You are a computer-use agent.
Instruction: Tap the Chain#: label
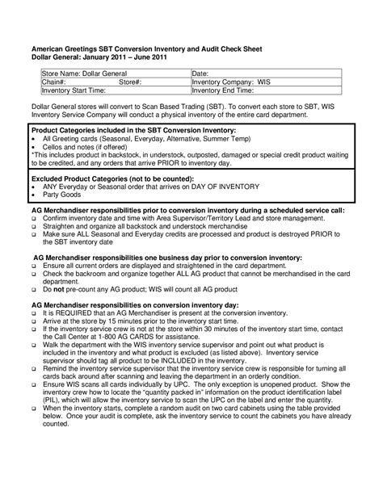(53, 82)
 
